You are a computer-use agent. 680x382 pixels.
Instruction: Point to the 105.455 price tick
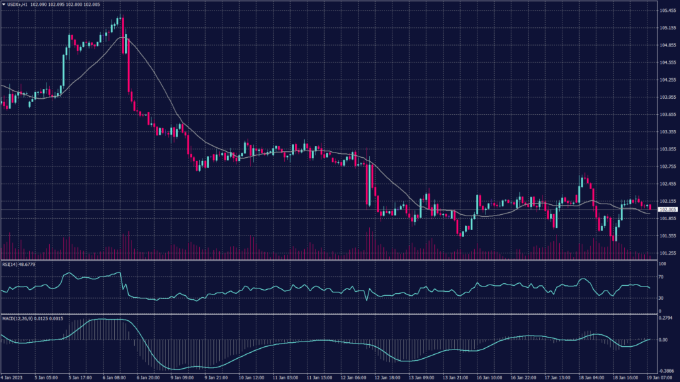pyautogui.click(x=667, y=11)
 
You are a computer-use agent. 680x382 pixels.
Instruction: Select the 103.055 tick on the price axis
pyautogui.click(x=667, y=149)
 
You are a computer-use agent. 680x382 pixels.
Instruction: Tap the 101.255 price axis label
pyautogui.click(x=667, y=253)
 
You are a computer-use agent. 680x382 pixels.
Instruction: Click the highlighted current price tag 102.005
pyautogui.click(x=667, y=210)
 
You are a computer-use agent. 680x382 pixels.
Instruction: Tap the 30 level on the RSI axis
pyautogui.click(x=661, y=298)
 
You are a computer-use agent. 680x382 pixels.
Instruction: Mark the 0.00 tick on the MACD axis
pyautogui.click(x=663, y=340)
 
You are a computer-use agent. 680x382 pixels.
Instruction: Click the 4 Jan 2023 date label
pyautogui.click(x=13, y=377)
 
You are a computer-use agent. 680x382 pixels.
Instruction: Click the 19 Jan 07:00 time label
pyautogui.click(x=661, y=377)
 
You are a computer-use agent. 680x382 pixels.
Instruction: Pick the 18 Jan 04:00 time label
pyautogui.click(x=590, y=377)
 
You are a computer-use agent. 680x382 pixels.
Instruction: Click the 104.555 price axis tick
pyautogui.click(x=667, y=62)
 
